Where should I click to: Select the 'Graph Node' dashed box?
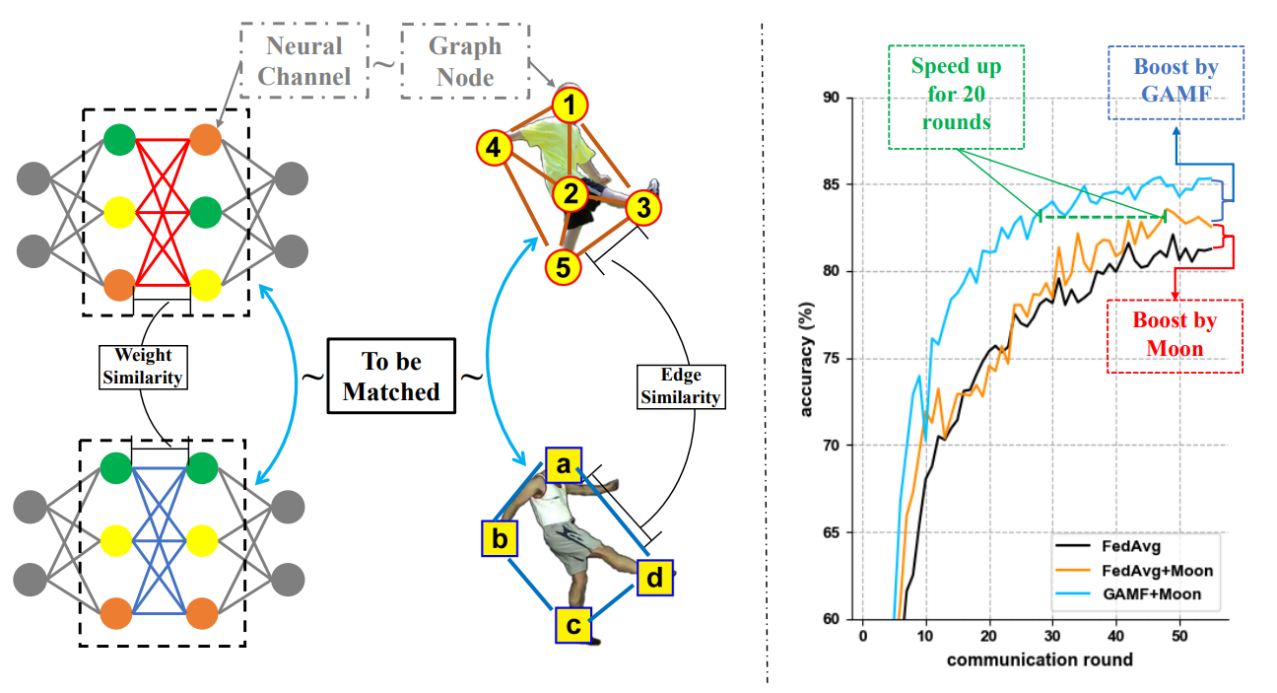pos(465,61)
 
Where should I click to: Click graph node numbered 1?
pos(570,104)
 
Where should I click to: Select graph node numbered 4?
pos(494,149)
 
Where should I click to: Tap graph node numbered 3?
pos(642,208)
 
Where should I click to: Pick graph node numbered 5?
pos(562,267)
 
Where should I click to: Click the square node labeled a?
pos(563,463)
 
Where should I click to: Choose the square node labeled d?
pos(654,579)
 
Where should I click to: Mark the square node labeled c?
pos(574,624)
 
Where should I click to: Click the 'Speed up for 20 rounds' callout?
pos(956,96)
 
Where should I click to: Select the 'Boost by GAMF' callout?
pos(1176,81)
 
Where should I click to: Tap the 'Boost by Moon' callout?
pos(1175,335)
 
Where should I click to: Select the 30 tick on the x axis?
pos(1052,636)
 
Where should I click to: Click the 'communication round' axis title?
pos(1040,659)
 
